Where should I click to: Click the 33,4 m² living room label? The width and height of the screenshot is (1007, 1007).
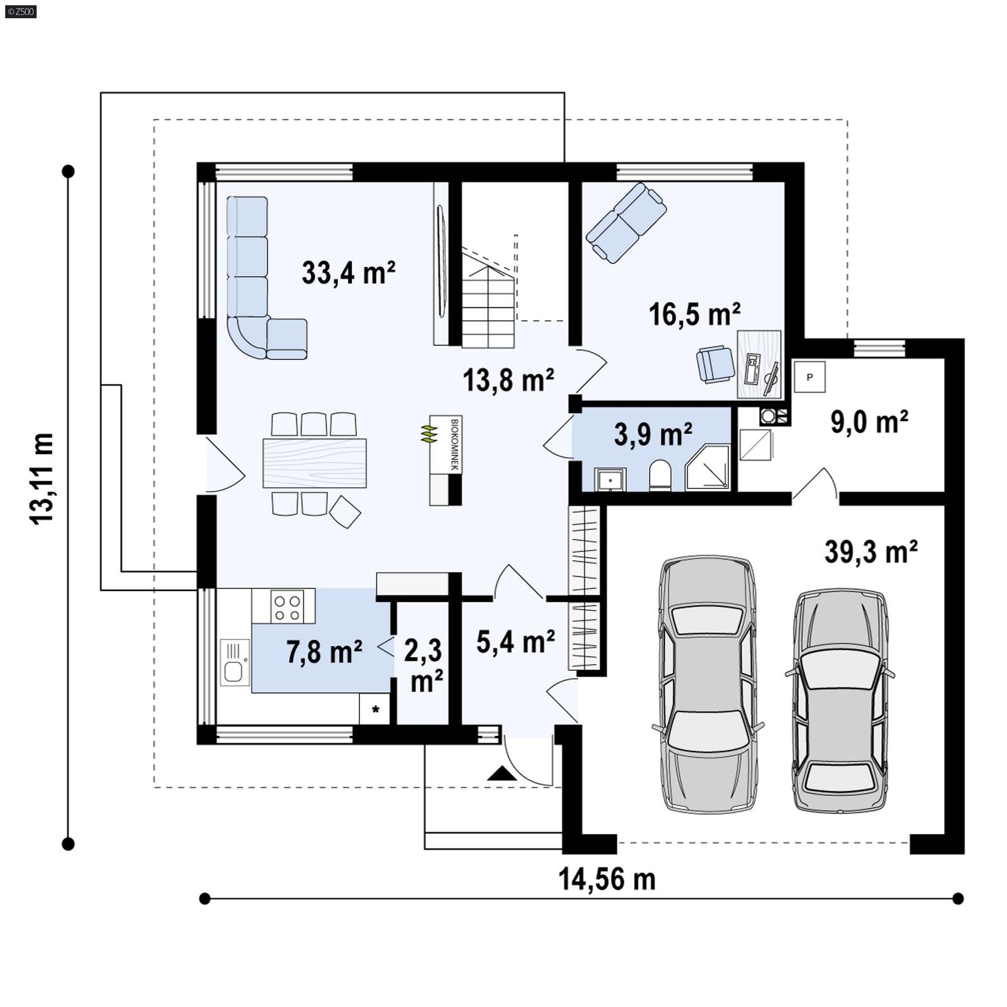coord(348,273)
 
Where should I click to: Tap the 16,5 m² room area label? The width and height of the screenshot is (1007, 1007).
coord(694,314)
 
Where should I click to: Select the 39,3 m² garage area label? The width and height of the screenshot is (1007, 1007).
coord(870,552)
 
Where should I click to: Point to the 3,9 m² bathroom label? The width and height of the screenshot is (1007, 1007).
coord(653,434)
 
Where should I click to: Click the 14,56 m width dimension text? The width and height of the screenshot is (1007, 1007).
coord(607,879)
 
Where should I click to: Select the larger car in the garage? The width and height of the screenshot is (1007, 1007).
coord(707,684)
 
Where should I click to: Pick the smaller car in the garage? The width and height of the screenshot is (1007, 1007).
coord(840,700)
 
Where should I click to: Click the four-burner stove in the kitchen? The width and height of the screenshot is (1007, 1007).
coord(286,606)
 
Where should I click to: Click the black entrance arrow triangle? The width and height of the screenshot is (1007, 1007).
coord(502,774)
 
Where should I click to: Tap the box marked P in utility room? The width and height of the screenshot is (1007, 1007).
coord(809,377)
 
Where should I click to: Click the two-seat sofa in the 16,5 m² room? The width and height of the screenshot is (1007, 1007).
coord(626,222)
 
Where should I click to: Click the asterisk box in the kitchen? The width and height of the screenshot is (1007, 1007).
coord(375,709)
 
